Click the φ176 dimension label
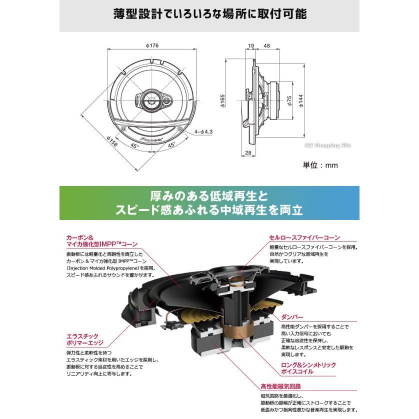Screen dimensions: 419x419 [152, 46]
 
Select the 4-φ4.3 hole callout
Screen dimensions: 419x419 [203, 132]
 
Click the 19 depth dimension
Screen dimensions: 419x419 [250, 46]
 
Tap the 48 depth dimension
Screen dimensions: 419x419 [266, 46]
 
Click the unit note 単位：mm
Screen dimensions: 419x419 [320, 165]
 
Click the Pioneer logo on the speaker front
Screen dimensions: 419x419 [151, 140]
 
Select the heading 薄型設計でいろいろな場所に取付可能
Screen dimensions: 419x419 [209, 14]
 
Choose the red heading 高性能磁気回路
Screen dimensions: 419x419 [280, 386]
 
